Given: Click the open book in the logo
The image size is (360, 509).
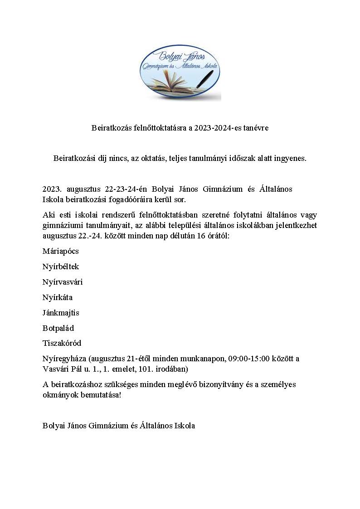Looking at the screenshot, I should click(171, 82).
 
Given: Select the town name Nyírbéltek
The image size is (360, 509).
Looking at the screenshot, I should click(61, 267).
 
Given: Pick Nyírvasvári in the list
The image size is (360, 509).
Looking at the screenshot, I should click(63, 282).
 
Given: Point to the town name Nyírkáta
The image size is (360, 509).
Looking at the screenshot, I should click(58, 297).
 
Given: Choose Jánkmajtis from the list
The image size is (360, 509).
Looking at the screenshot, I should click(61, 313).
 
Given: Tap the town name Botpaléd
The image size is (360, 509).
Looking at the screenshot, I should click(58, 328).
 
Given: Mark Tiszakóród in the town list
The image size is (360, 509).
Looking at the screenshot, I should click(62, 343).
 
